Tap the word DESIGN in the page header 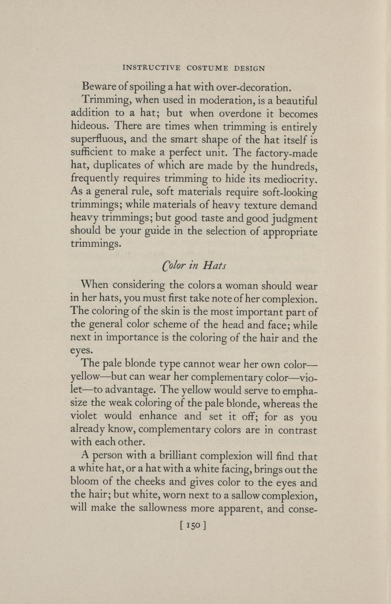250,68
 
